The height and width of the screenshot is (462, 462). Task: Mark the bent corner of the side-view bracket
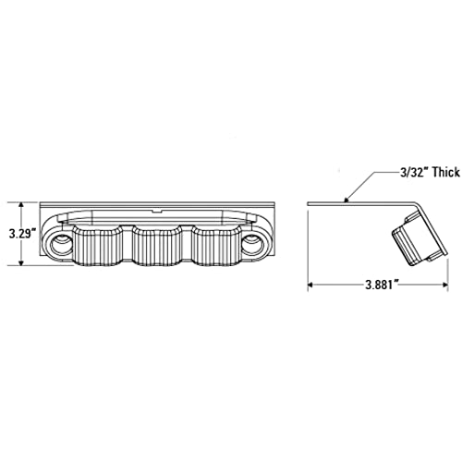pos(417,204)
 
